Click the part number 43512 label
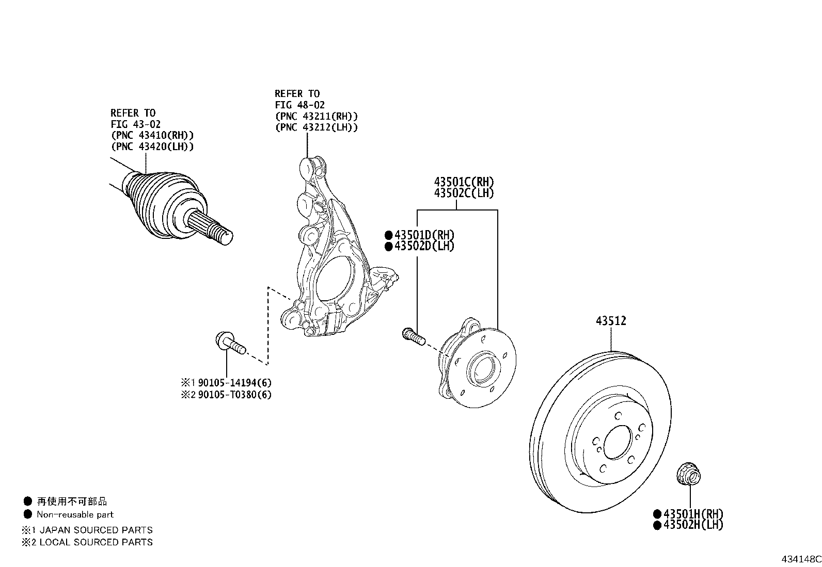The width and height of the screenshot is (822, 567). pos(611,321)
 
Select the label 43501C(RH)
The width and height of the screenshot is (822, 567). pos(464,182)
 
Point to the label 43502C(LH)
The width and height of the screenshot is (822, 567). pos(464,193)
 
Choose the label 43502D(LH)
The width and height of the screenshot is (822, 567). pos(424,246)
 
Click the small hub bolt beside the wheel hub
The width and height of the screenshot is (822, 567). pos(413,336)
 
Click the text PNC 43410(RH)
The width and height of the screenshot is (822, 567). pos(152,135)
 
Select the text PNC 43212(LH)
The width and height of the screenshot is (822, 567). pos(316,127)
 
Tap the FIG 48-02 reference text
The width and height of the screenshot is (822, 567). pos(299,105)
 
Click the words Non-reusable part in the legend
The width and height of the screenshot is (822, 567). pos(75,514)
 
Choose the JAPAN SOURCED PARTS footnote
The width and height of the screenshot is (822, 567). pos(96,530)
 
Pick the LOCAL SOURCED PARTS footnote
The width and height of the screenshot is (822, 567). pos(96,542)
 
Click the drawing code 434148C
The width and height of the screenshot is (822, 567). pos(800,559)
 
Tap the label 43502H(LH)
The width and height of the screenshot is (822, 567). pos(693,525)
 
